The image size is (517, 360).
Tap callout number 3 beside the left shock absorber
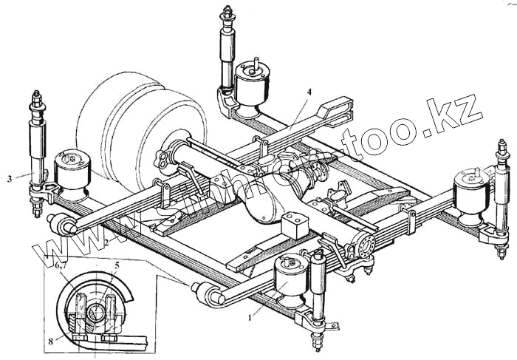click(x=9, y=177)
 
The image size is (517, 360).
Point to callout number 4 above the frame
click(x=309, y=92)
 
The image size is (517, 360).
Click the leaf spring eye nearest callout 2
click(x=62, y=222)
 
